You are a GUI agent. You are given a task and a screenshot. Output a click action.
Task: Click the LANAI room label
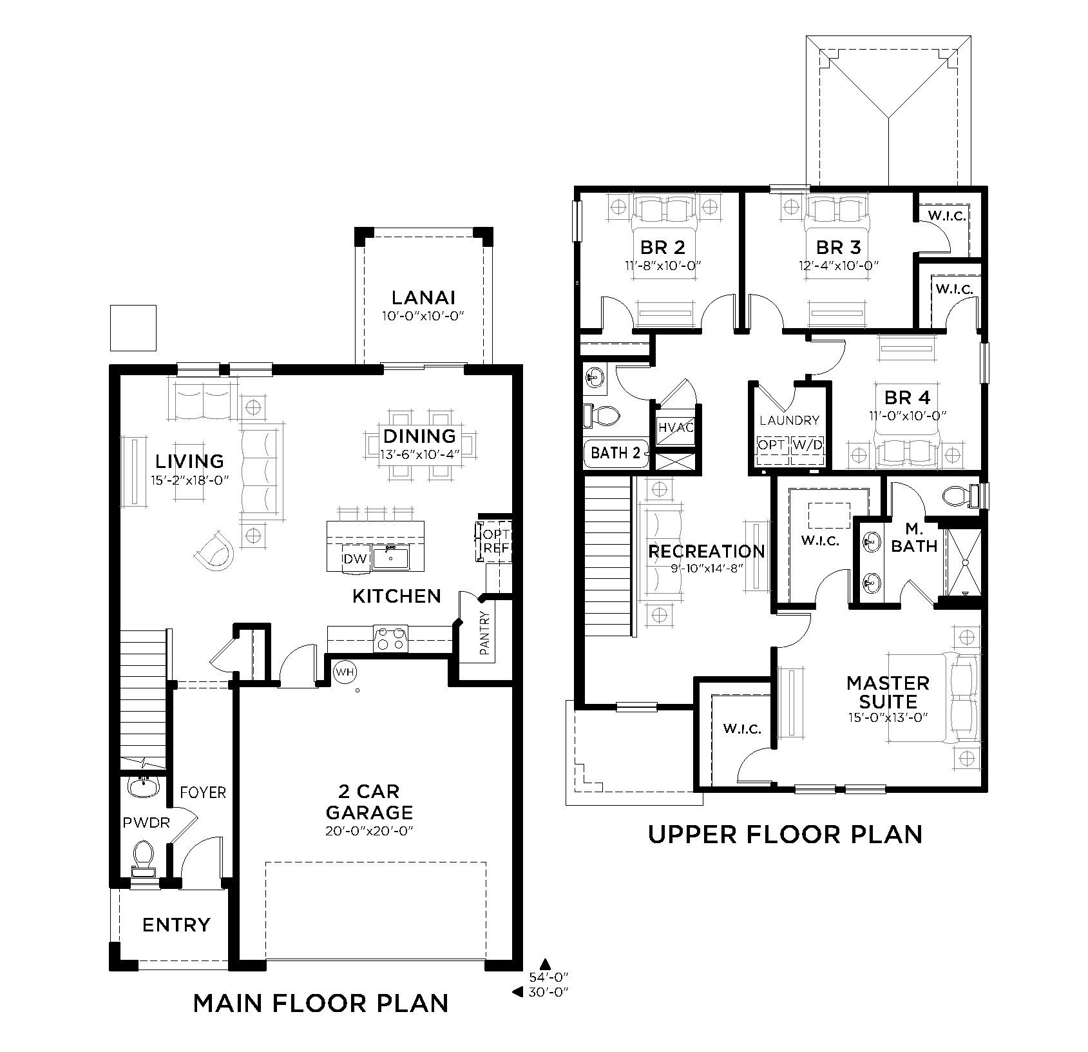point(423,297)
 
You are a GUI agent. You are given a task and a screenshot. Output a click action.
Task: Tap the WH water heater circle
point(345,672)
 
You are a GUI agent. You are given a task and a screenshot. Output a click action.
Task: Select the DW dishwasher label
point(354,559)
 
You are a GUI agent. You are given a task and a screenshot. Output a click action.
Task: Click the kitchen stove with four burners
point(391,639)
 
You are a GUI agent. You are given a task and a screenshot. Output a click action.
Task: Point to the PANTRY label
point(485,633)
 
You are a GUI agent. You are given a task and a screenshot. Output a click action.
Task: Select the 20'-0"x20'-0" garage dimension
point(369,831)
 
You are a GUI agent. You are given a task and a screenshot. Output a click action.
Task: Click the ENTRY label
point(176,925)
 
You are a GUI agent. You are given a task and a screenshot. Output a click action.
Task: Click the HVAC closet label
point(676,426)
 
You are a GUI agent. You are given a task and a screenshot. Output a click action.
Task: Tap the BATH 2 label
point(616,453)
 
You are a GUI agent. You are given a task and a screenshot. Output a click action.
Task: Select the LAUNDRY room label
point(789,420)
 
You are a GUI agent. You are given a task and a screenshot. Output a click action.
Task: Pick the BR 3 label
point(838,248)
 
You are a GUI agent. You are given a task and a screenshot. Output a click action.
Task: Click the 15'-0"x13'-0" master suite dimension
point(888,717)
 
